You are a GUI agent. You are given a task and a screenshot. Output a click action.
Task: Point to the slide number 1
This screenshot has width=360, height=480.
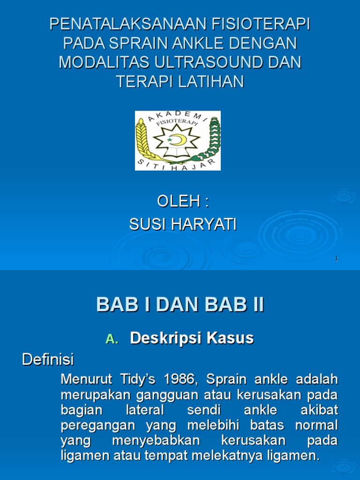(337, 259)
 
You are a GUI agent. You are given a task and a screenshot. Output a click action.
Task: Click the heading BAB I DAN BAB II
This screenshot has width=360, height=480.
(180, 305)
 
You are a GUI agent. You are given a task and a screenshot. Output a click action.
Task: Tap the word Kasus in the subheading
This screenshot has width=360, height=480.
(231, 338)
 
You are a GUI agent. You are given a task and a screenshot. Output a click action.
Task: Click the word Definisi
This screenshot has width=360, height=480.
(48, 360)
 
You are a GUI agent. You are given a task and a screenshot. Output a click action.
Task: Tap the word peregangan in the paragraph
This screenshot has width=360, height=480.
(94, 426)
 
